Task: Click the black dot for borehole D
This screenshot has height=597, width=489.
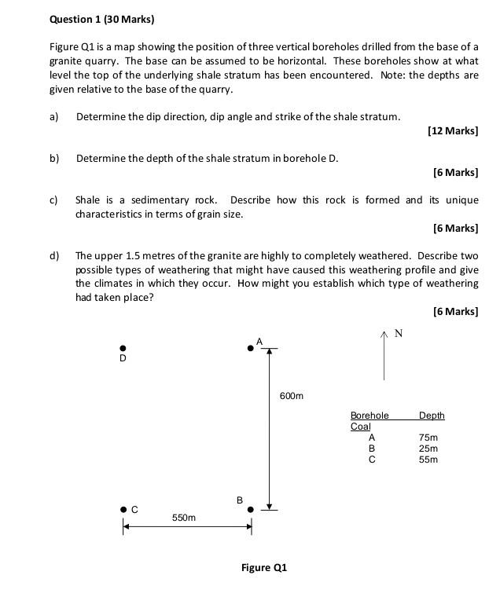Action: point(122,348)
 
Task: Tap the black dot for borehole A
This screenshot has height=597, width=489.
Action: point(251,348)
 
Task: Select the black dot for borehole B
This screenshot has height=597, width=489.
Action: point(251,510)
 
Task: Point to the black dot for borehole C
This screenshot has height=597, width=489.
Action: point(123,510)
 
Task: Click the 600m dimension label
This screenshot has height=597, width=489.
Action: point(291,396)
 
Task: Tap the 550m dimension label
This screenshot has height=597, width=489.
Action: point(184,518)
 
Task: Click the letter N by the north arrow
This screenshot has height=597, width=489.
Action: point(398,334)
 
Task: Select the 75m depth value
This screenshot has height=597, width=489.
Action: point(428,438)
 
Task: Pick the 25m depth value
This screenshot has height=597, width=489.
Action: point(428,449)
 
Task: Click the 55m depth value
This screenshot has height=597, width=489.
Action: point(428,460)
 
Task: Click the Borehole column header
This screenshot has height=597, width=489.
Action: point(370,415)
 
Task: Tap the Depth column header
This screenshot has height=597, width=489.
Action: point(432,415)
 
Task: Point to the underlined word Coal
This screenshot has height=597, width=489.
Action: point(360,427)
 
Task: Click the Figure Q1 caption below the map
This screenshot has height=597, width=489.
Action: point(264,567)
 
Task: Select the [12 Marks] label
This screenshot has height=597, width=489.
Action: point(453,130)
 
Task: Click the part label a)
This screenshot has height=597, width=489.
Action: point(54,116)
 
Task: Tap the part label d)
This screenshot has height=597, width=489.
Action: point(54,256)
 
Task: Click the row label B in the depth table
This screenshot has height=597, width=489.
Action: point(372,449)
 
